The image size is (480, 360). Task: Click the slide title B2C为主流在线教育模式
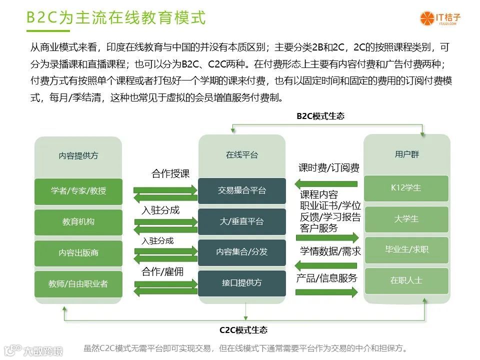coord(115,17)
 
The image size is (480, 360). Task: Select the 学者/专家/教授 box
coord(78,191)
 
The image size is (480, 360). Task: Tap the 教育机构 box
coord(78,222)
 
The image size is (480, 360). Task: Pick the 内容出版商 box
coord(78,253)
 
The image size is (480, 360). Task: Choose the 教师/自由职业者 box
coord(78,283)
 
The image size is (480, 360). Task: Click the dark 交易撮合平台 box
coord(241,190)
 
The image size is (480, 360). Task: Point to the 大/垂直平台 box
coord(241,221)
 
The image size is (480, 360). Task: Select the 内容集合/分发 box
coord(241,252)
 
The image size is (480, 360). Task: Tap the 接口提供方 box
coord(241,283)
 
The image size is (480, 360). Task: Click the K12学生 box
coord(406,188)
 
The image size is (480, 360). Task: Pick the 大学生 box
coord(406,219)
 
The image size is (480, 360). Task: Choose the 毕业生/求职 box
coord(406,249)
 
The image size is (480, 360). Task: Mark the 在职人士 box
coord(406,280)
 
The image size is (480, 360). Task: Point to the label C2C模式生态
coord(243,330)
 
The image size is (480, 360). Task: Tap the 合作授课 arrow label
coord(170,174)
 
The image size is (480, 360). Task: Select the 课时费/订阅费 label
coord(328,168)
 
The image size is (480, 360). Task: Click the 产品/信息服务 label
coord(326,278)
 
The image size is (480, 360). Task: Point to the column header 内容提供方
coord(78,155)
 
